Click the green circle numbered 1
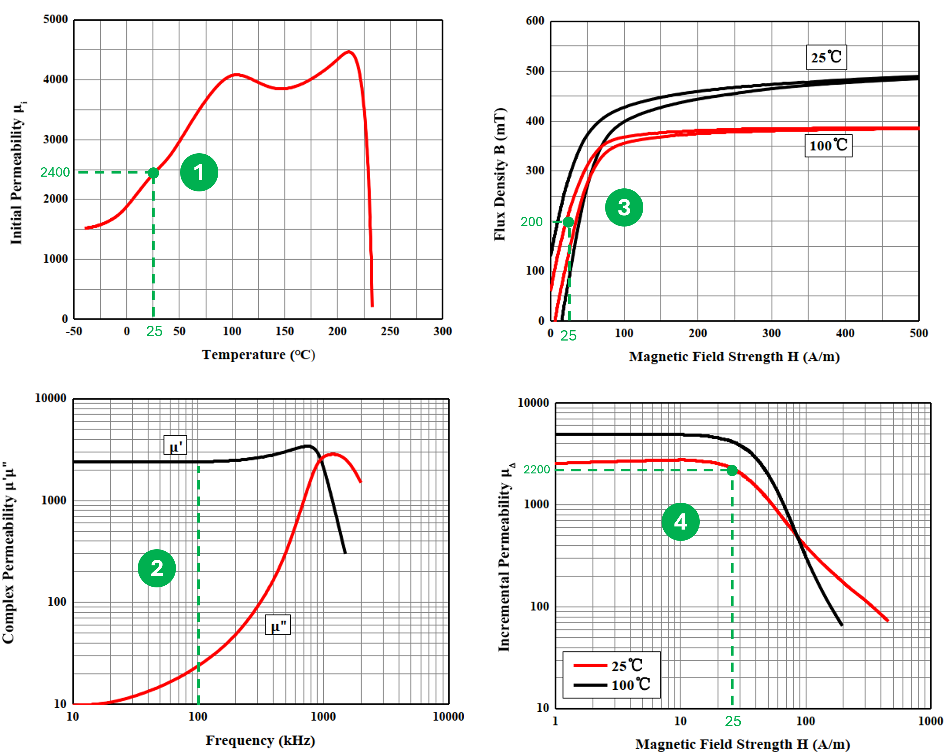199,172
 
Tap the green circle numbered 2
157,568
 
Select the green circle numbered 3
624,207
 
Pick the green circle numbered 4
680,522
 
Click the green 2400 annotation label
55,172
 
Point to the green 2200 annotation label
537,469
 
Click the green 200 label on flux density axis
531,222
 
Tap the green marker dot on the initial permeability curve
153,173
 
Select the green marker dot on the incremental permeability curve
732,471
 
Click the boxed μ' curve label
175,445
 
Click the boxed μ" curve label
278,625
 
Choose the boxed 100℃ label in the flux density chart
828,146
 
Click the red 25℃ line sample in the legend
590,666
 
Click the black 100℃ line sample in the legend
590,685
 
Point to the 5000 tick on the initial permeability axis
55,19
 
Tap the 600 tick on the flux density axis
535,21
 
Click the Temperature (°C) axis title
258,355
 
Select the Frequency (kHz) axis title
260,740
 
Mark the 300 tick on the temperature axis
442,331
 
